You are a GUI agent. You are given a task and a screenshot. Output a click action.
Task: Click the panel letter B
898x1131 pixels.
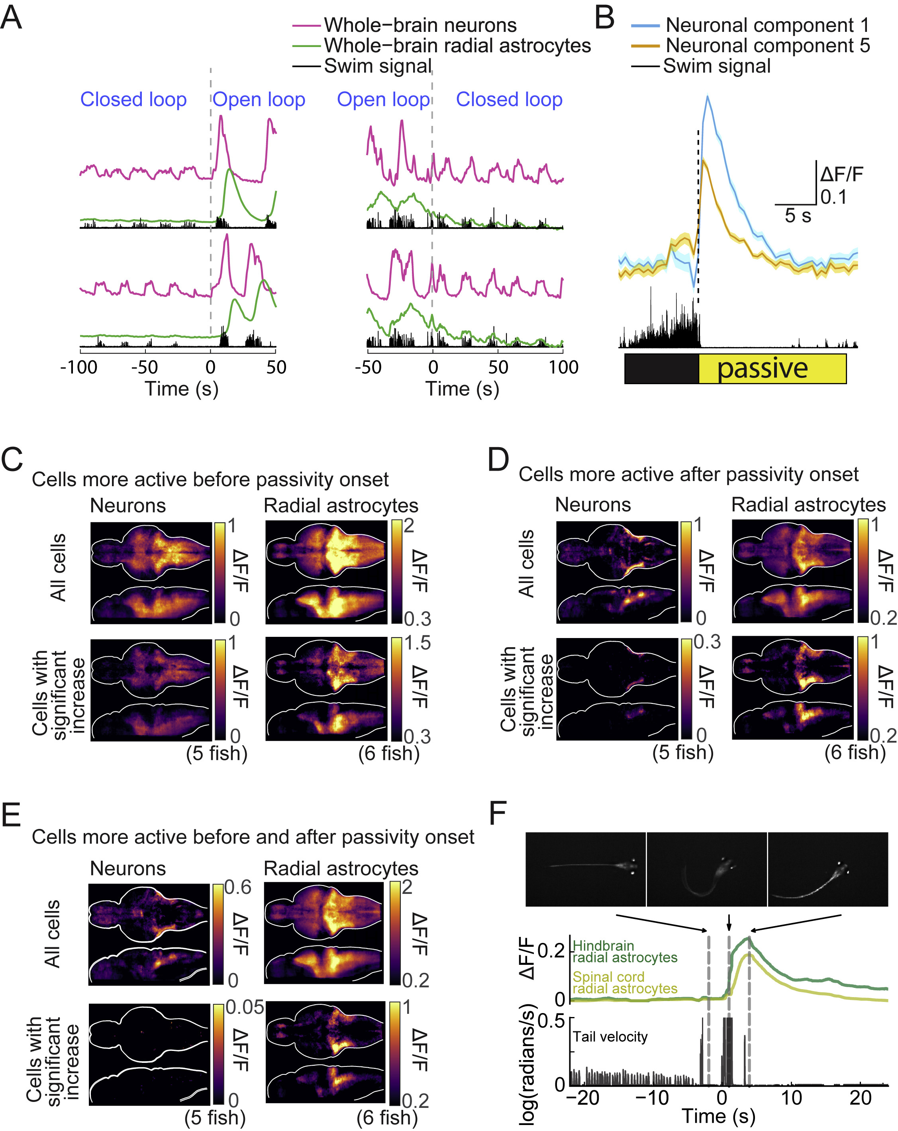tap(604, 18)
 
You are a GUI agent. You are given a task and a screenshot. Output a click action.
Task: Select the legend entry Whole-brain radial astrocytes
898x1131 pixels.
tap(457, 46)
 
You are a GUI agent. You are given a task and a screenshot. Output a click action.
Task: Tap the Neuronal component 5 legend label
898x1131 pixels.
tap(767, 46)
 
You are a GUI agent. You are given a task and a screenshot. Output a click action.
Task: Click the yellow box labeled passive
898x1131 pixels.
tap(772, 369)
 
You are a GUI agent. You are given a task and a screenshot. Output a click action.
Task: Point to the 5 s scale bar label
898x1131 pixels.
tap(797, 216)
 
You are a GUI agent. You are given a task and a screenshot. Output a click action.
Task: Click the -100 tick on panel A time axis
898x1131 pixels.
tap(78, 367)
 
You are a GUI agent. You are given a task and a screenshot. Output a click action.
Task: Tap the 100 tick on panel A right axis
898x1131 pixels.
tap(563, 367)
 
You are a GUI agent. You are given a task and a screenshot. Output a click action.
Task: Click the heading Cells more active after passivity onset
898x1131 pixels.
tap(688, 474)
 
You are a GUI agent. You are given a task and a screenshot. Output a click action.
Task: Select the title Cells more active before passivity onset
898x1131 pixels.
tap(210, 479)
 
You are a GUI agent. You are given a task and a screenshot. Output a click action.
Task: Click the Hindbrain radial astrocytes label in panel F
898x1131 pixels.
tap(624, 952)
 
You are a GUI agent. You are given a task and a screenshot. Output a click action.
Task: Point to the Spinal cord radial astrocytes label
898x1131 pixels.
tap(624, 982)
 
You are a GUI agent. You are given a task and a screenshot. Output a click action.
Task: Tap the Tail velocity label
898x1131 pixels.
tap(610, 1037)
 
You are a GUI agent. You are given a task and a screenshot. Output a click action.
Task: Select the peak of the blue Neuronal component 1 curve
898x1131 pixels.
tap(708, 96)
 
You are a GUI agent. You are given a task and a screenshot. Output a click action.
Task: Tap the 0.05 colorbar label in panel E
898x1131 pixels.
tap(245, 1007)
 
